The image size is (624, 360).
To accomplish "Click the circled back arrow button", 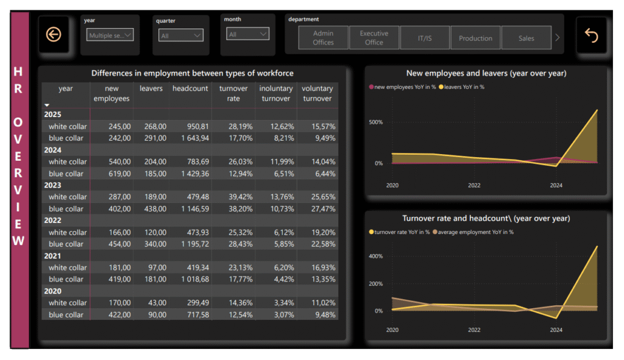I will coord(54,35).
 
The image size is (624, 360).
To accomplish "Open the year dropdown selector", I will coord(110,35).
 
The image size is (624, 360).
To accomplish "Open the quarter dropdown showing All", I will coord(180,36).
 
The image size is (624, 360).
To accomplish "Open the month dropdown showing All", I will coord(247,35).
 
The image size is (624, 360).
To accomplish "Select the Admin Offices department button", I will coord(323,38).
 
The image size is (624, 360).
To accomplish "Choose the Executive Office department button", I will coord(374,38).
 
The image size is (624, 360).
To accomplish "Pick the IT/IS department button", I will coord(425,38).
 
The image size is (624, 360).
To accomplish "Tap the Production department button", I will coord(475,38).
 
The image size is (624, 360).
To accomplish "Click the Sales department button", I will coord(526,38).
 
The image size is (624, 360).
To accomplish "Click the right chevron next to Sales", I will coord(557,38).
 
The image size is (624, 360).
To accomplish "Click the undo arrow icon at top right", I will coord(591,35).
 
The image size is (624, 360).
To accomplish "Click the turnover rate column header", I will coord(233,93).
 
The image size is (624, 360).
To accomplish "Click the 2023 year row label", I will coord(52,185).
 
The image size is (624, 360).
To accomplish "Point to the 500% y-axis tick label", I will coord(375,122).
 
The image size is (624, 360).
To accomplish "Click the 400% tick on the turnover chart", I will coord(375,256).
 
